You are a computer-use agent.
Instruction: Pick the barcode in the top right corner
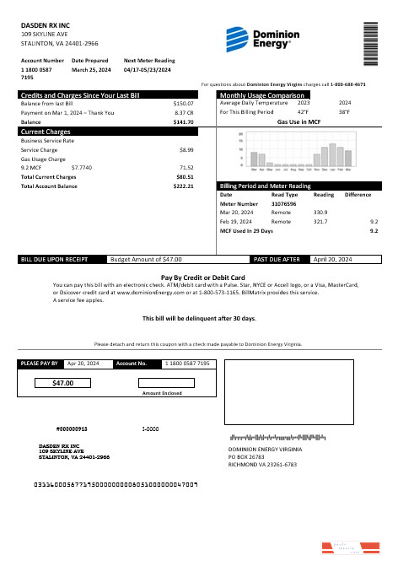point(370,42)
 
